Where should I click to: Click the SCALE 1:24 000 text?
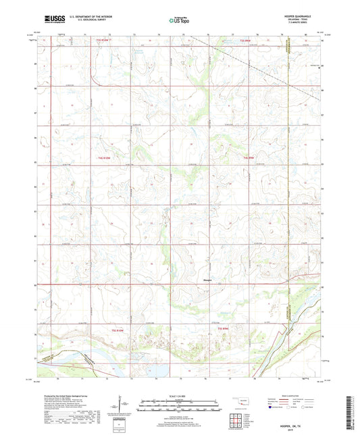tap(180, 396)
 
